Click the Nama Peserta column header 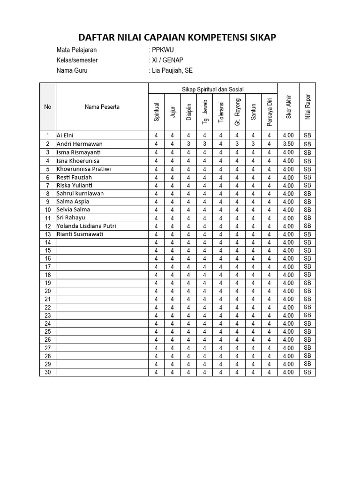pos(102,107)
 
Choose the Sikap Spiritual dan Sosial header pos(212,90)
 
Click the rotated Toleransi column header pos(221,112)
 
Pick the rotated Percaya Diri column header pos(269,112)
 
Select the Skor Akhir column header pos(288,107)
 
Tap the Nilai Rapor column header pos(307,107)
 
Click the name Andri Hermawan pos(79,144)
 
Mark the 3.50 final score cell pos(288,144)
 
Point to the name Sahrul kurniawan pos(80,193)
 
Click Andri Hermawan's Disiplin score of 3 pos(188,144)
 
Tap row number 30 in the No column pos(47,372)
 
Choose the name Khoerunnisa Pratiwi pos(83,169)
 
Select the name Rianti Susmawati pos(79,234)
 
